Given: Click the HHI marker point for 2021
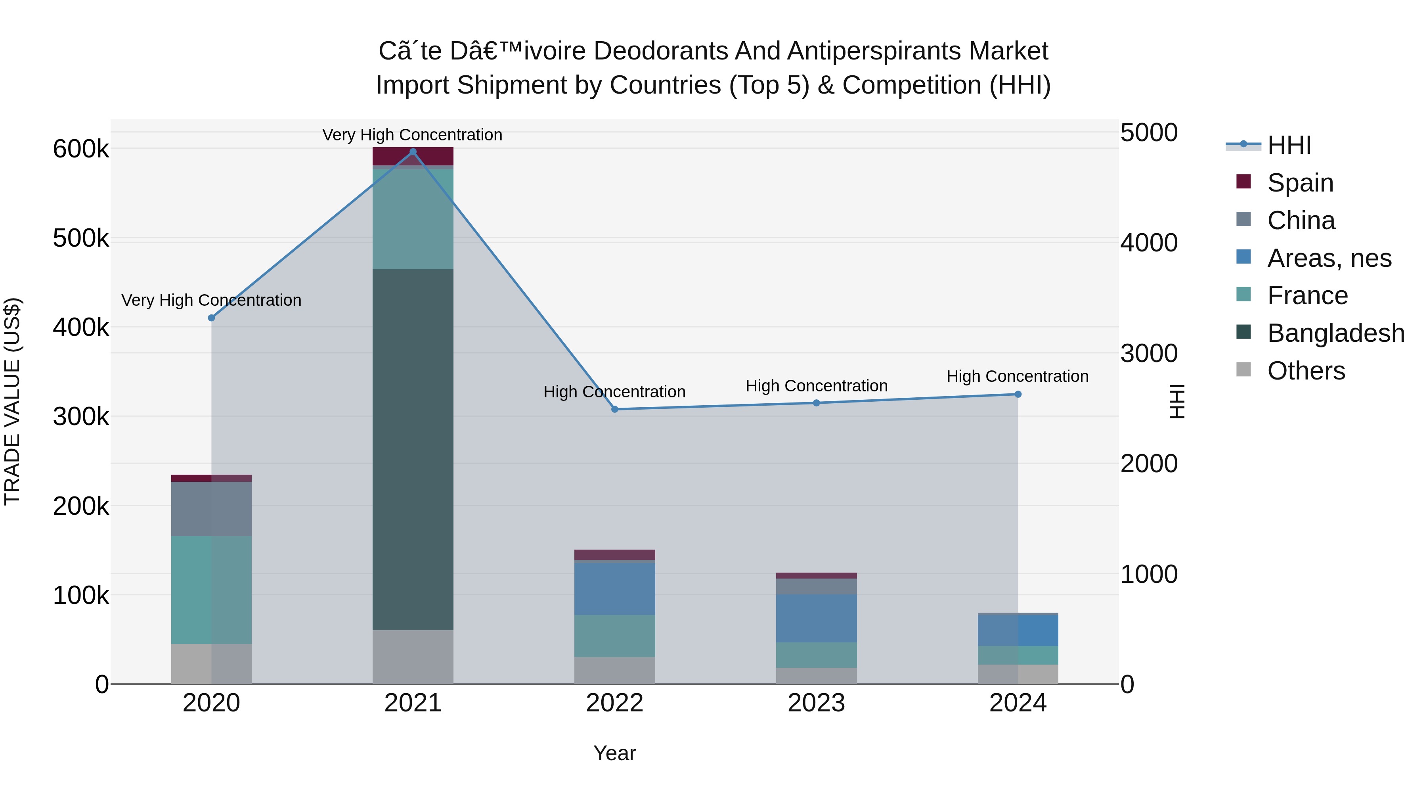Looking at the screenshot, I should point(413,152).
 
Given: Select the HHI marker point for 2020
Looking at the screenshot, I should point(211,318).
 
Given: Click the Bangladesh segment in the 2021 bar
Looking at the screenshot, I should point(413,449).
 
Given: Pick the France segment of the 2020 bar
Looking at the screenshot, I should point(211,590).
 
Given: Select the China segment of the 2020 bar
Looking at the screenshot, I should point(211,509).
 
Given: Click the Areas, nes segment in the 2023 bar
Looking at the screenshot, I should point(816,619).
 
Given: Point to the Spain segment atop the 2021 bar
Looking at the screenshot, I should point(413,156).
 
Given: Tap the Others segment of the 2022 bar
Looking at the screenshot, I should point(614,671).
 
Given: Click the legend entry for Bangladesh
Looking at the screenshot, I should point(1335,333).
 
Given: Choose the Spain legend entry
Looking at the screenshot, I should point(1300,183).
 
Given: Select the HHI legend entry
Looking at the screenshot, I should point(1289,145).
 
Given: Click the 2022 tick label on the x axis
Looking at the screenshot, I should point(614,703).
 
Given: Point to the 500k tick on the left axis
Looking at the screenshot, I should point(81,238).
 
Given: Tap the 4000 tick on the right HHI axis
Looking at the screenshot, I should point(1149,243).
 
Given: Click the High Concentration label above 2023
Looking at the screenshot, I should point(816,386).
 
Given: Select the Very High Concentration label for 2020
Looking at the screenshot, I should point(211,300).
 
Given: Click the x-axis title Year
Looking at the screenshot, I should point(614,753).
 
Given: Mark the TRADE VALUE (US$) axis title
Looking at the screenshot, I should point(12,401).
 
